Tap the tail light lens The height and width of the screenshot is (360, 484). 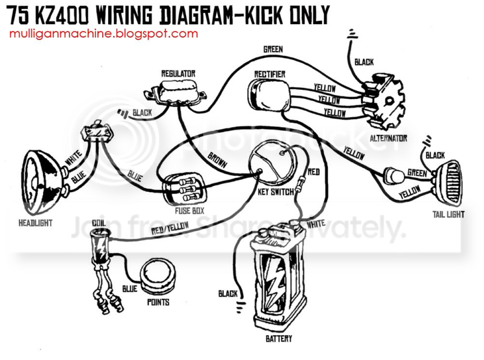point(449,183)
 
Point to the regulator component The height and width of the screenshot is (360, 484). point(176,91)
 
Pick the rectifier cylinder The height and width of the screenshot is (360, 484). point(269,94)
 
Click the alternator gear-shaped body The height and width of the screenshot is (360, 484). point(384,100)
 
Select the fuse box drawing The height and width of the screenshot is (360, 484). point(184,189)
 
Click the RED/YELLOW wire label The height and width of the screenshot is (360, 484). point(170,228)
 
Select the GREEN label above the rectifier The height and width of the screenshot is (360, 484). point(273,49)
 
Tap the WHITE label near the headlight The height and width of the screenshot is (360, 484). point(74,158)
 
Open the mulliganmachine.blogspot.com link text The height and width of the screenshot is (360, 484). point(103,33)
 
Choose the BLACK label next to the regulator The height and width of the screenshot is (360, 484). point(142,113)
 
